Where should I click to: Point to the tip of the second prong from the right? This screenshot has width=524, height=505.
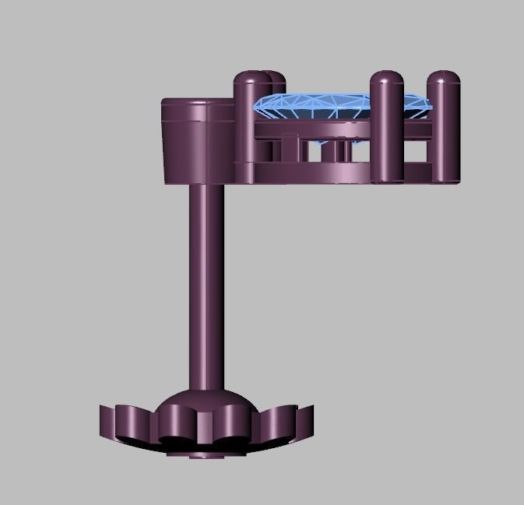pos(385,79)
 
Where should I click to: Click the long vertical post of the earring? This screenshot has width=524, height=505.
pos(206,288)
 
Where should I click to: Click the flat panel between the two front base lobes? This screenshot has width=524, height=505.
pos(204,427)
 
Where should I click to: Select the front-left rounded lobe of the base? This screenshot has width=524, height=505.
pos(173,427)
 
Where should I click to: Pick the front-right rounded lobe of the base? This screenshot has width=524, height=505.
pos(234,427)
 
